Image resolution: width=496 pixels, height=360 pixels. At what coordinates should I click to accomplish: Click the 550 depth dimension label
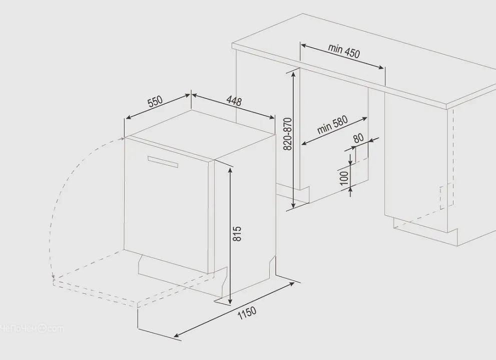tap(155, 101)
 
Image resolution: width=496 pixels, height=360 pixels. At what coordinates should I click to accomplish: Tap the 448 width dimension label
tap(234, 101)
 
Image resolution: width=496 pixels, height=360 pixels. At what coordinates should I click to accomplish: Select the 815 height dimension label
tap(237, 234)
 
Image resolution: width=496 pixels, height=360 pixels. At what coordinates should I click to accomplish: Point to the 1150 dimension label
tap(247, 313)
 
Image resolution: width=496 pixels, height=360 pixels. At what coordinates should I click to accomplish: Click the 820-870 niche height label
tap(288, 134)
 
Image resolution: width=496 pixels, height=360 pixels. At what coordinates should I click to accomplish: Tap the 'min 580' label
tap(332, 125)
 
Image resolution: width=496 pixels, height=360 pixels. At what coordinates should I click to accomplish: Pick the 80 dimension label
tap(358, 138)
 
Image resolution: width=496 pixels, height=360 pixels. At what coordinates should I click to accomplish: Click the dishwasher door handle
tap(163, 161)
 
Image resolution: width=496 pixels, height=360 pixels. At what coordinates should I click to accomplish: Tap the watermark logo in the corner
tap(32, 329)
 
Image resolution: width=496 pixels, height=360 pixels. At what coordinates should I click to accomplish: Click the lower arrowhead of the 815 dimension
tap(230, 300)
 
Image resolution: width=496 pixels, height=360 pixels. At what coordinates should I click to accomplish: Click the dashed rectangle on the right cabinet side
tap(446, 196)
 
